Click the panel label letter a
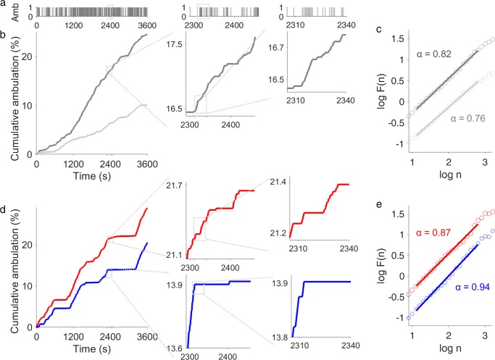pos(4,6)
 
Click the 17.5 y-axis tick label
pos(174,44)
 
